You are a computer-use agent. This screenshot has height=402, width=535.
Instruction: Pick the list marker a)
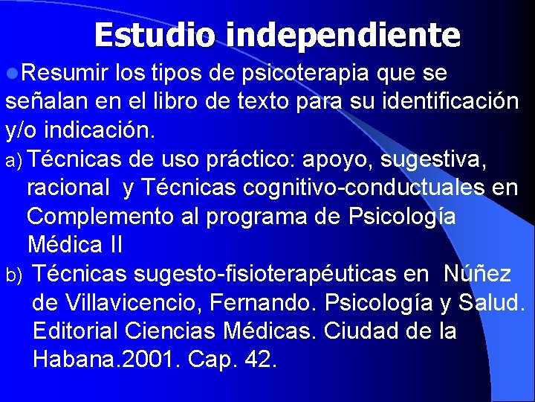click(16, 161)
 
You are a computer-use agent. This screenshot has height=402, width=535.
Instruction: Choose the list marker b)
click(16, 275)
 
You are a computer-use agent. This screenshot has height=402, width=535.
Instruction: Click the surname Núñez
click(477, 274)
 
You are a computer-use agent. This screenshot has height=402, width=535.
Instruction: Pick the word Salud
click(491, 303)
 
